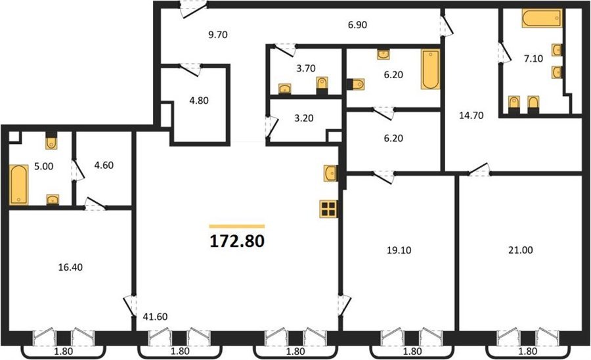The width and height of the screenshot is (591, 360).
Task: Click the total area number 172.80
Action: [x=236, y=241]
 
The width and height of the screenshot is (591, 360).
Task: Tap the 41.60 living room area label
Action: [x=155, y=317]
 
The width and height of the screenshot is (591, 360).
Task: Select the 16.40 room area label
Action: [x=70, y=267]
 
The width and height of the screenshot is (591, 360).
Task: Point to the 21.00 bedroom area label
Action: [x=521, y=250]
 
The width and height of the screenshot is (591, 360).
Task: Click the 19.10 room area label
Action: [x=399, y=250]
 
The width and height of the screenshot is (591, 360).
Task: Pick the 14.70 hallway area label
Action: [x=471, y=116]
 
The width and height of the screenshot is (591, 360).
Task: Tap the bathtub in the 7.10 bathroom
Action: [x=542, y=18]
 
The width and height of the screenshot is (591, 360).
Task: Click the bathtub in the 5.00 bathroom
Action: [x=19, y=185]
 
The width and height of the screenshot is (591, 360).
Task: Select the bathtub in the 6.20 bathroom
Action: [x=430, y=70]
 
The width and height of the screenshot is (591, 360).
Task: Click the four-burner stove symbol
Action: [x=328, y=209]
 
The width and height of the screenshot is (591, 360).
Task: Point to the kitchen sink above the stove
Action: [x=330, y=173]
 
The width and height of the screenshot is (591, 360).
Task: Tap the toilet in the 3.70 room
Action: [x=322, y=85]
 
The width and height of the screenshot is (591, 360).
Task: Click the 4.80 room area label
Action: [x=198, y=101]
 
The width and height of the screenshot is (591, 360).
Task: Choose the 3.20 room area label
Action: [x=304, y=118]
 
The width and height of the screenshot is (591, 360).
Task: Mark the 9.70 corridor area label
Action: [x=218, y=35]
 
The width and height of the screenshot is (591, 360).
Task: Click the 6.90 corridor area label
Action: [x=357, y=25]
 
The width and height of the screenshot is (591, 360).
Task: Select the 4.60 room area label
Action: [x=104, y=165]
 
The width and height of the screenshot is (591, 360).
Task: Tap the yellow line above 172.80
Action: [x=236, y=227]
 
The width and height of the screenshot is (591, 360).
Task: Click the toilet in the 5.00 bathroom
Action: [x=51, y=141]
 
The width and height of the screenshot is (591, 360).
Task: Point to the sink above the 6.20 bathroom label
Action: [x=383, y=55]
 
